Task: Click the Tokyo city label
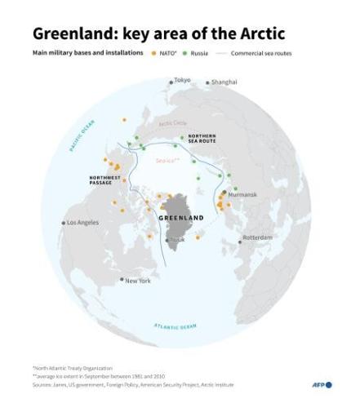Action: pos(182,81)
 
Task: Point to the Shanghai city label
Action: pos(224,82)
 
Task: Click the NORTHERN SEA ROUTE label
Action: pos(202,139)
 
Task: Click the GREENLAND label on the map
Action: pos(180,219)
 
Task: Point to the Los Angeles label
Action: pos(82,222)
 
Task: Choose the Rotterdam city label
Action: pos(257,237)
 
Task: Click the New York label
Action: pos(138,281)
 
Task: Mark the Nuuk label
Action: pos(177,240)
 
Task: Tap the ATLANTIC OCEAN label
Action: pos(175,326)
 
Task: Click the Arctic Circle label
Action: pos(171,123)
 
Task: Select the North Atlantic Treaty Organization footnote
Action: pos(73,368)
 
